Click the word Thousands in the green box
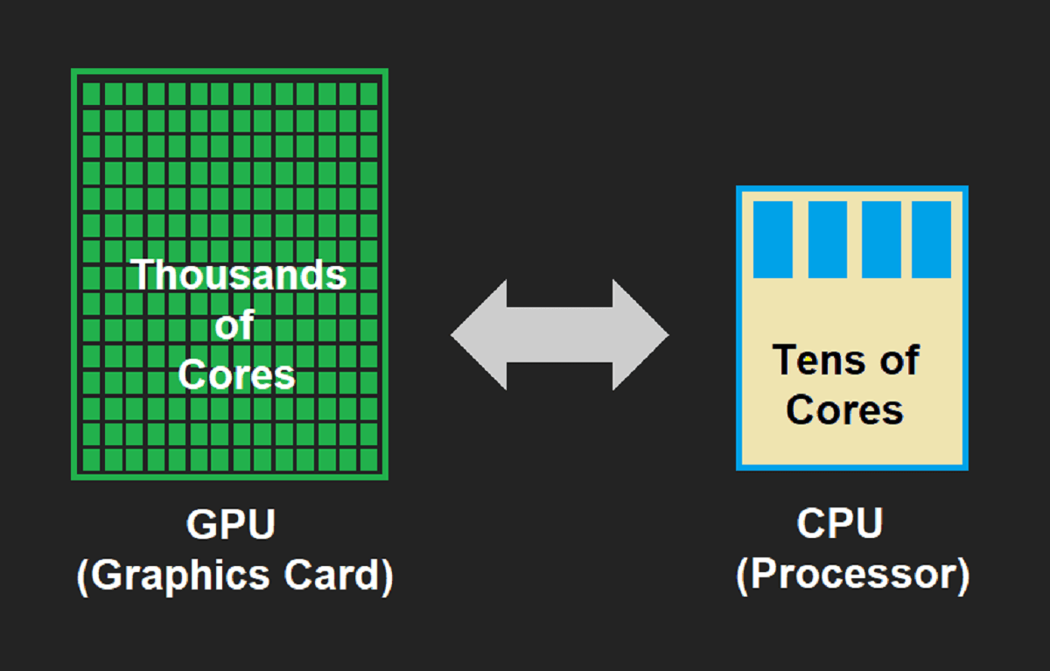tap(238, 275)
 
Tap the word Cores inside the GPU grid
tap(236, 374)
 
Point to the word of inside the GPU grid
tap(234, 326)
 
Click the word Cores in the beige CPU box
tap(844, 409)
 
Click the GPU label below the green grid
tap(231, 525)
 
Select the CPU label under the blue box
tap(840, 524)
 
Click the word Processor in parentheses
tap(852, 575)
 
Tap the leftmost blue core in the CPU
tap(773, 239)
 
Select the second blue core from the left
tap(827, 239)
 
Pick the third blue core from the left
tap(881, 239)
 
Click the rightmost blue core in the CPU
tap(932, 239)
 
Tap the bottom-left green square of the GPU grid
tap(91, 460)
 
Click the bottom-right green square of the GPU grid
tap(368, 460)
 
